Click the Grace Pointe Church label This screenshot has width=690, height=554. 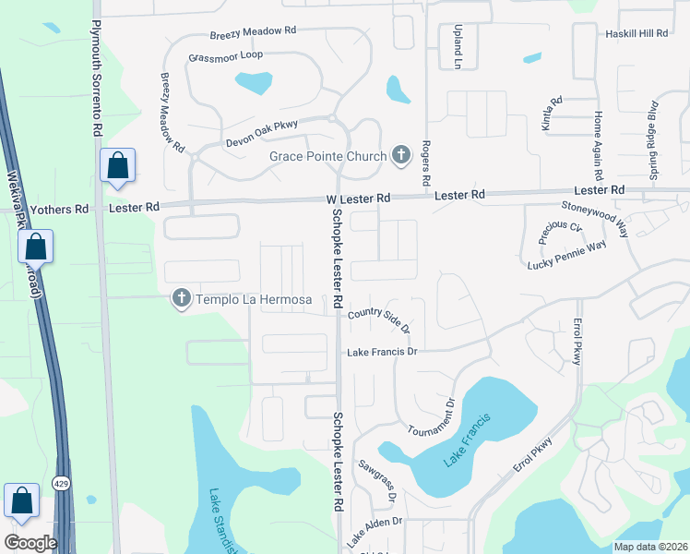(x=327, y=156)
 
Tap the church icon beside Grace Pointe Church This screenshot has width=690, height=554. (x=401, y=155)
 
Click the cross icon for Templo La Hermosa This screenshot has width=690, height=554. (x=181, y=298)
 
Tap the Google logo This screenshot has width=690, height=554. (x=30, y=542)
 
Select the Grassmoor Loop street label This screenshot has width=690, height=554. (x=225, y=55)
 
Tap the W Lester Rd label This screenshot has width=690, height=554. (x=358, y=199)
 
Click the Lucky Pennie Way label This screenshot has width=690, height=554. (x=566, y=257)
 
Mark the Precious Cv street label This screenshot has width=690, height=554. (x=562, y=232)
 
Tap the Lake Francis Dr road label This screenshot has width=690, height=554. (x=383, y=352)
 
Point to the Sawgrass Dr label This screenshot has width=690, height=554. (x=378, y=482)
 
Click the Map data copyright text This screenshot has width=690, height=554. (x=650, y=547)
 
